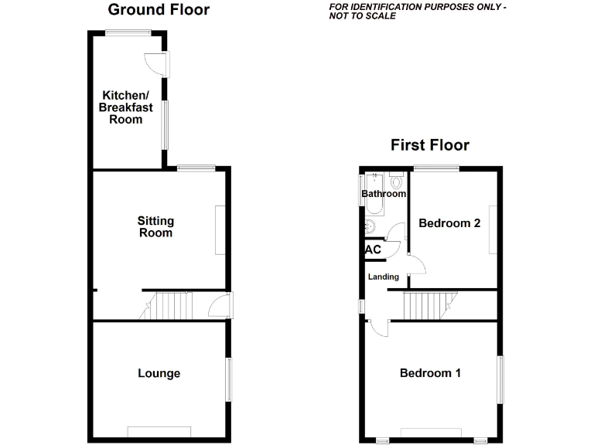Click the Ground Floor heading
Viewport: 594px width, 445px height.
click(159, 10)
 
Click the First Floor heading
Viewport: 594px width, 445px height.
click(429, 145)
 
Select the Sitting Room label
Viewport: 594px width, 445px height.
click(155, 227)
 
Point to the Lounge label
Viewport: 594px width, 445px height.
click(159, 374)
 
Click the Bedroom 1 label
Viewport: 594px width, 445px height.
click(430, 374)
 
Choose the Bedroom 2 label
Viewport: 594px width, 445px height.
click(449, 223)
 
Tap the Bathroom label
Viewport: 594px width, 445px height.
click(384, 194)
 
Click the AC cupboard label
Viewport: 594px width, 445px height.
click(372, 250)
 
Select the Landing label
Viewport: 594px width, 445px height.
click(384, 277)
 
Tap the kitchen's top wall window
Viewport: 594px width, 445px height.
click(128, 32)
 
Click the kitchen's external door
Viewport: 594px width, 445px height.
click(153, 63)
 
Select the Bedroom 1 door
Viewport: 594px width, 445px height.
click(379, 328)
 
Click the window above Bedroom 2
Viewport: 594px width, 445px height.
click(436, 168)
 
